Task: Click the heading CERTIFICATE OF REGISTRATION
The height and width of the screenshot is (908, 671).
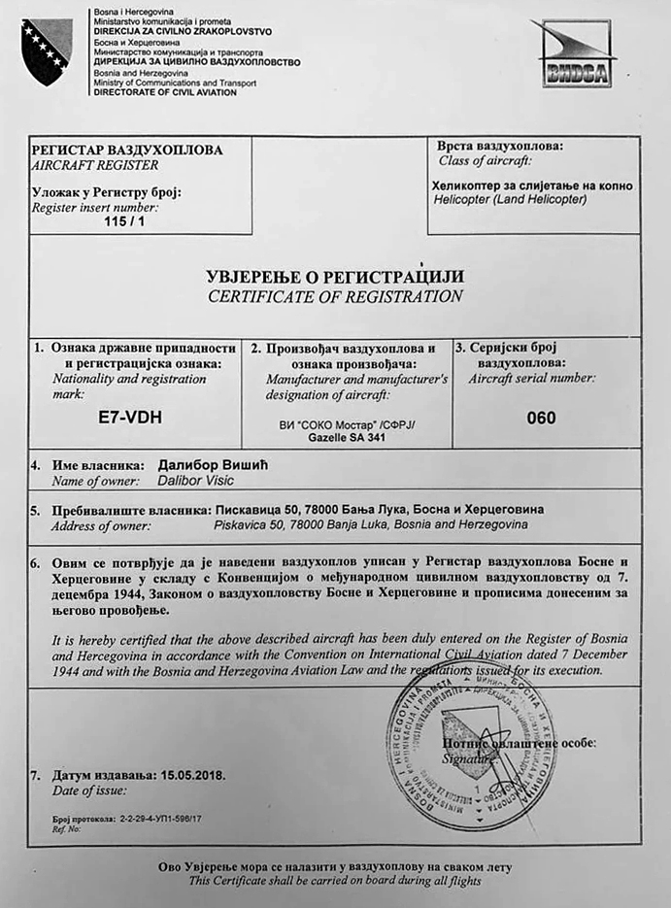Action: pos(335,296)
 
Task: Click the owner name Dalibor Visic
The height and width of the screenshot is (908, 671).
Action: pos(195,481)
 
